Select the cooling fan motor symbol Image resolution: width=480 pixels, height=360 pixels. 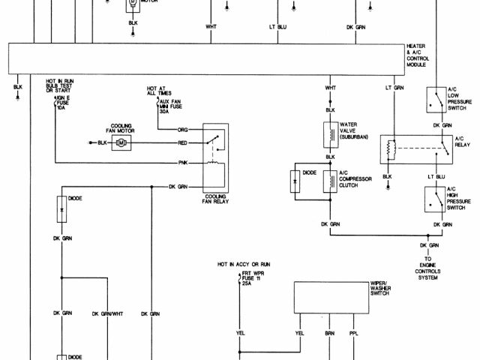120,142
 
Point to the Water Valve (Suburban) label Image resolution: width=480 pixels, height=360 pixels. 352,130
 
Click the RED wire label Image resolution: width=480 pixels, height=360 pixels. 182,142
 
